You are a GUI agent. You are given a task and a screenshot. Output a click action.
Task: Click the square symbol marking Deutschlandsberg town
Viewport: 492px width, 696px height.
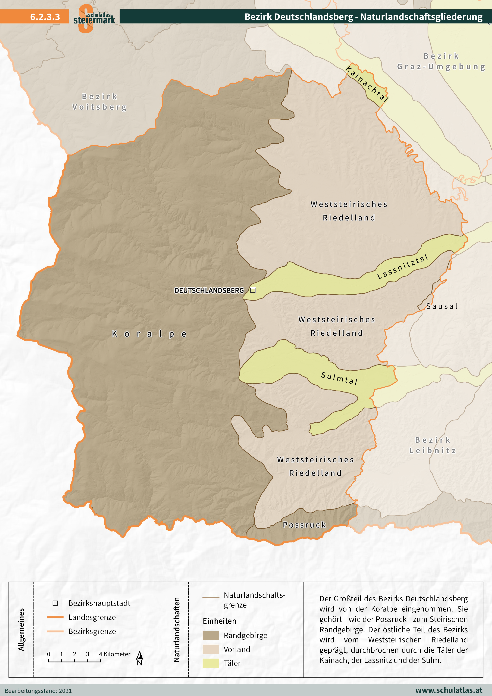click(253, 290)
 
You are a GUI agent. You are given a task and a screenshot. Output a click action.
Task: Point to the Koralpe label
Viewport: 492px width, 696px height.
click(149, 334)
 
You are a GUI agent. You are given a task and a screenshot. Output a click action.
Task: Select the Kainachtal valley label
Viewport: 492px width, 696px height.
click(367, 84)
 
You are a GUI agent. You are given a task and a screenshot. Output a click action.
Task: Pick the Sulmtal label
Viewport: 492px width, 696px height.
click(339, 378)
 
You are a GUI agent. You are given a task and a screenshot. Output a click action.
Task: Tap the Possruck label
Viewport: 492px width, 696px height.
click(304, 525)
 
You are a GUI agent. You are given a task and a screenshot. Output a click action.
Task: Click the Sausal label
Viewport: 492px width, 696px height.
click(442, 306)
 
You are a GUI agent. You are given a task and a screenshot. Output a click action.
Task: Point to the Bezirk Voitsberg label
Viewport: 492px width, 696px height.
click(99, 102)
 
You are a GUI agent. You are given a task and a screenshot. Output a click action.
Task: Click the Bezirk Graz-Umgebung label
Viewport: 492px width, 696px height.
click(441, 61)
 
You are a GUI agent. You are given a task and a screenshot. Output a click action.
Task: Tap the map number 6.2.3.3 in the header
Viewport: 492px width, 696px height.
click(45, 17)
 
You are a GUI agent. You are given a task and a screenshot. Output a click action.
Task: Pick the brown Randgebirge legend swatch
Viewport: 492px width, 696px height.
click(211, 635)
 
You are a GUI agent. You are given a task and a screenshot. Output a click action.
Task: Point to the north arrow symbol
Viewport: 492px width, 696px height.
click(139, 658)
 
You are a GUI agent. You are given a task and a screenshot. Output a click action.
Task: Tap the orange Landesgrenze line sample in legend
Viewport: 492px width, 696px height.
click(55, 617)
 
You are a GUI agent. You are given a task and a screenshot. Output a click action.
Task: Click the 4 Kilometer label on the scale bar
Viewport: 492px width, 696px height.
click(115, 654)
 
